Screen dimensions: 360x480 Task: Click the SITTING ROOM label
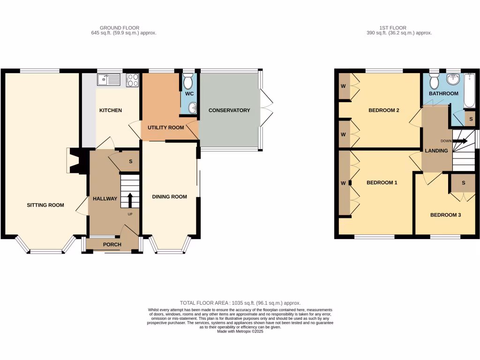click(45, 205)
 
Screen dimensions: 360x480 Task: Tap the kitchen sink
click(109, 80)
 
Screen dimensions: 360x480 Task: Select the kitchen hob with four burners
click(133, 80)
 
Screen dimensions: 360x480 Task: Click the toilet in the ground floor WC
click(188, 82)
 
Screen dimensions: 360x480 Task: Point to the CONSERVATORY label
click(229, 110)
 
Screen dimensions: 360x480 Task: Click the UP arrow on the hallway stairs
click(129, 199)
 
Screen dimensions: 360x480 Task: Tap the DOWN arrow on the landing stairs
click(460, 140)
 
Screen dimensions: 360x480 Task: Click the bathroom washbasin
click(453, 80)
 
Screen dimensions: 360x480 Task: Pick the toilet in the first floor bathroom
click(434, 82)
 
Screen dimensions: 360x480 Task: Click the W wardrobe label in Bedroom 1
click(343, 182)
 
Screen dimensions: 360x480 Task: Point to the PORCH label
click(112, 244)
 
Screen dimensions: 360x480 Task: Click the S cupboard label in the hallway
click(131, 162)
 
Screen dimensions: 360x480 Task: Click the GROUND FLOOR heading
click(120, 28)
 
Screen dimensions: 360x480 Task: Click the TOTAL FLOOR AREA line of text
click(240, 303)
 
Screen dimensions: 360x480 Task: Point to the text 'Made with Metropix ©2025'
click(240, 331)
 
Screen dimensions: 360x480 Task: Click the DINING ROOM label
click(169, 196)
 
